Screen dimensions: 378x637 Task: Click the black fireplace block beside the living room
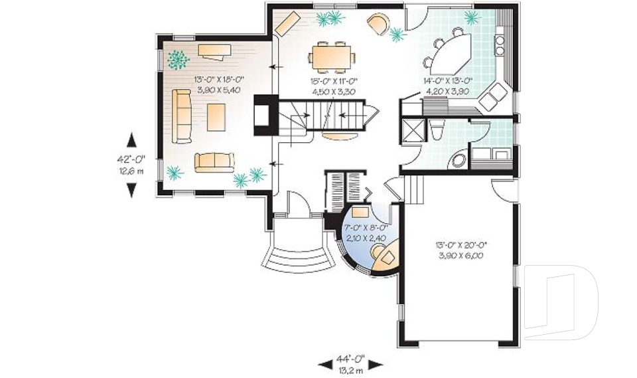263,116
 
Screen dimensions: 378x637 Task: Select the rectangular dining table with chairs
331,56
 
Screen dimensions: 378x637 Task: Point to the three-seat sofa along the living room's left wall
181,116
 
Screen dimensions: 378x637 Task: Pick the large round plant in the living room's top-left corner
177,60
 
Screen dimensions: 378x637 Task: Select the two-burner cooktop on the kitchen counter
498,45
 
